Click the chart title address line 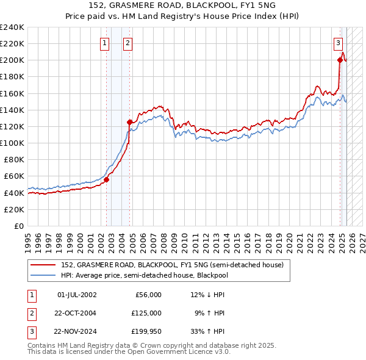(182, 5)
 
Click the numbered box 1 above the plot (105, 43)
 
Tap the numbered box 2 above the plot (127, 43)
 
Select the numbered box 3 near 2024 (337, 43)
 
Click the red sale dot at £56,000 (106, 179)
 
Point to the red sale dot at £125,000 (129, 122)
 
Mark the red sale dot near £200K (340, 60)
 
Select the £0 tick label (19, 226)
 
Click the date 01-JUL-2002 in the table (77, 295)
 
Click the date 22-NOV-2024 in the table (76, 332)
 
